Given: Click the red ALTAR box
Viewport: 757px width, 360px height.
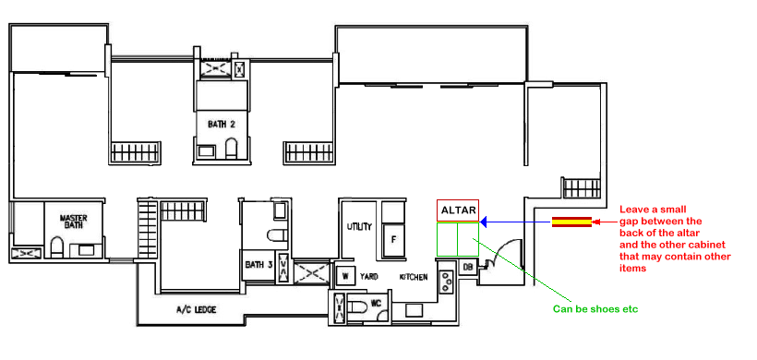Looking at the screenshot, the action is pyautogui.click(x=458, y=210).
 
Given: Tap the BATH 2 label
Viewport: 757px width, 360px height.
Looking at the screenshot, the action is pyautogui.click(x=222, y=124).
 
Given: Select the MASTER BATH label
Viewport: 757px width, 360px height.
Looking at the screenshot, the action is pyautogui.click(x=73, y=222).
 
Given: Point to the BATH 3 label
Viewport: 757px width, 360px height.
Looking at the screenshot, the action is pyautogui.click(x=258, y=265).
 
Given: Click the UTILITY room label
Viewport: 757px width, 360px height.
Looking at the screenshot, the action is pyautogui.click(x=359, y=226).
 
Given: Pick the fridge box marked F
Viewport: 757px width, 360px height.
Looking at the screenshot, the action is pyautogui.click(x=393, y=241).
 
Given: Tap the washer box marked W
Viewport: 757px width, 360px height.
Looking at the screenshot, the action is pyautogui.click(x=345, y=277).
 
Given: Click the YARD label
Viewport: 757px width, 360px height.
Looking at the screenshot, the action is pyautogui.click(x=369, y=277).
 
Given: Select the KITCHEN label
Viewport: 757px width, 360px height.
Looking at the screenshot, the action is pyautogui.click(x=414, y=277).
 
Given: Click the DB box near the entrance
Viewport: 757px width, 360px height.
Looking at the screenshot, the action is pyautogui.click(x=467, y=267).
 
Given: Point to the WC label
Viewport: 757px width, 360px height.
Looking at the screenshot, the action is pyautogui.click(x=377, y=304).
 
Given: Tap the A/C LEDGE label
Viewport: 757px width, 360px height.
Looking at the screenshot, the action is pyautogui.click(x=196, y=310).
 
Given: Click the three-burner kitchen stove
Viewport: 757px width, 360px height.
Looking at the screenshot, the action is pyautogui.click(x=446, y=282).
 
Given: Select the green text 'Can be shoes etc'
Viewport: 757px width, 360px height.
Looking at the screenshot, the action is pyautogui.click(x=595, y=309).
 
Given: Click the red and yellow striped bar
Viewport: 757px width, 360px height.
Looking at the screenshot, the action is pyautogui.click(x=571, y=222).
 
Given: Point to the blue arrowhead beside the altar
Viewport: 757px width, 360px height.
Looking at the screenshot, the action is pyautogui.click(x=485, y=222).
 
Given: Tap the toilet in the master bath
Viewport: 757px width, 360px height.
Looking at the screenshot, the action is pyautogui.click(x=57, y=246).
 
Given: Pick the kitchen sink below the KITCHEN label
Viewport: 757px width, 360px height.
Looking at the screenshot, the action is pyautogui.click(x=415, y=310).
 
